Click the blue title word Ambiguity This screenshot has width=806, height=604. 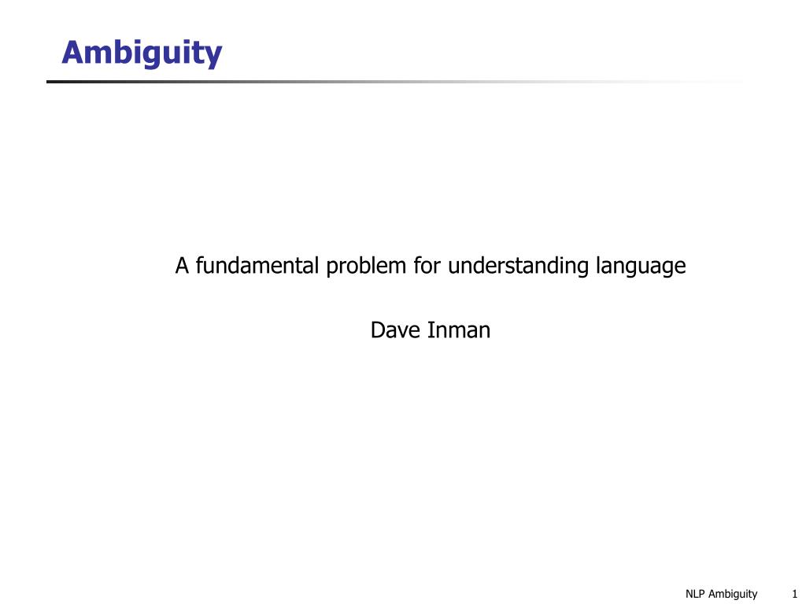(142, 53)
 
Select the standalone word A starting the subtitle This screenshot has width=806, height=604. (183, 267)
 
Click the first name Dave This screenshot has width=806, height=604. (396, 330)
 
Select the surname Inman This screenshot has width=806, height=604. (459, 330)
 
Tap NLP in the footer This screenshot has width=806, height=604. (696, 594)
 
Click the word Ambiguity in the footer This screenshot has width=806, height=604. (734, 595)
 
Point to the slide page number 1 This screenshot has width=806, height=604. (794, 594)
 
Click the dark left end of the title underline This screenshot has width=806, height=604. (52, 81)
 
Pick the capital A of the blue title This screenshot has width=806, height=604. (72, 53)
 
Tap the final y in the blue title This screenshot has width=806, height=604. (214, 56)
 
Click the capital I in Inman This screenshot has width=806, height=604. (431, 330)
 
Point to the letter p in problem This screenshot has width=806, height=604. (329, 269)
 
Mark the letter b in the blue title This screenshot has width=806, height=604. (120, 53)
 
